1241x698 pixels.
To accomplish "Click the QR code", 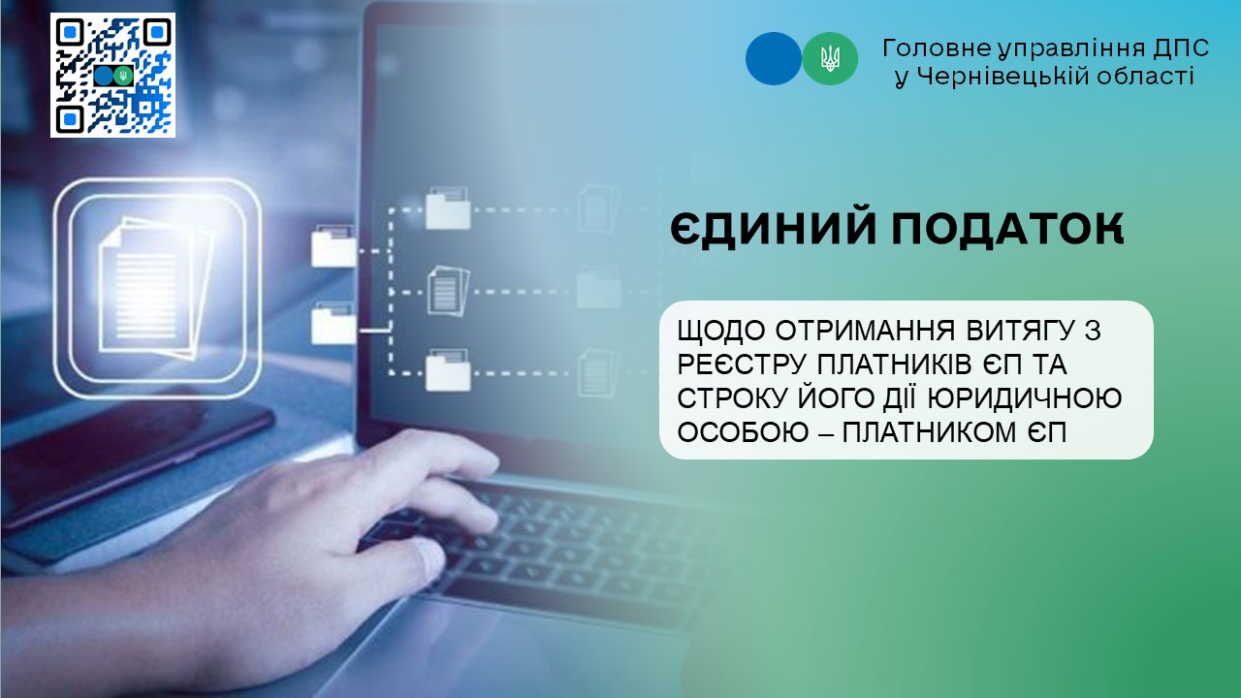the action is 113,76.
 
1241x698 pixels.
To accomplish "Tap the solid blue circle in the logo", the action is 774,59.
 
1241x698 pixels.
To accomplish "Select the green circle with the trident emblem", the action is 830,59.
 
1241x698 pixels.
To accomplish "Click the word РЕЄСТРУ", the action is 742,365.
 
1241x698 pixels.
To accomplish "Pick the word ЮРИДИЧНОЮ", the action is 1025,398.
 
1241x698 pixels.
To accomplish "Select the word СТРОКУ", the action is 732,398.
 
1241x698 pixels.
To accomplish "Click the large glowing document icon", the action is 156,288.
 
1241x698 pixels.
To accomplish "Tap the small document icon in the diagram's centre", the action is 448,290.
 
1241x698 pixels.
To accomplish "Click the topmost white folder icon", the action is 448,208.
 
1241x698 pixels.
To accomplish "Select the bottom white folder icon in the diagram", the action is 448,370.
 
